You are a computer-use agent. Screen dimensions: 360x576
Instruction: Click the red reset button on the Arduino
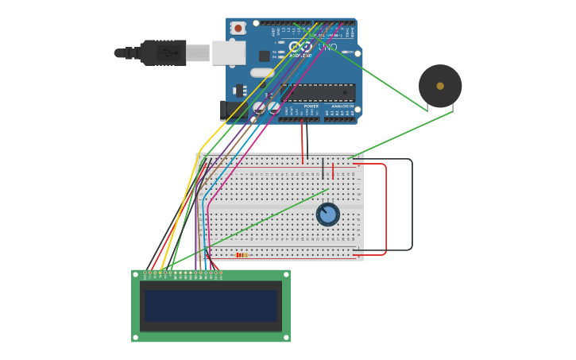coord(238,28)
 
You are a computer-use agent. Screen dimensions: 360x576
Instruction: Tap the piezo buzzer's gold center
coord(440,86)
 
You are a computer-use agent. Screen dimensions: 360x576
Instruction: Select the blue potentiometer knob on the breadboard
coord(327,215)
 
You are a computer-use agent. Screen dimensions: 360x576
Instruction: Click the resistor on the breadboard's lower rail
coord(242,255)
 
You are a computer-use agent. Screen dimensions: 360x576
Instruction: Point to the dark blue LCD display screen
coord(211,306)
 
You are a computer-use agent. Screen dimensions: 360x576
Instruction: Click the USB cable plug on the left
coord(163,53)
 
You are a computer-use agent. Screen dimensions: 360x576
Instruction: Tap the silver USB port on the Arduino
coord(228,53)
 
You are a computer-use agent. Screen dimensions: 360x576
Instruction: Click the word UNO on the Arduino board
coord(327,48)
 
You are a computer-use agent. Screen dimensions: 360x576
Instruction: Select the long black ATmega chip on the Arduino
coord(317,92)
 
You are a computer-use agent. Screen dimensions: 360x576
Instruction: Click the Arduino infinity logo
coord(300,47)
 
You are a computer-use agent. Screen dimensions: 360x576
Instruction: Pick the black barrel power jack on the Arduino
coord(232,110)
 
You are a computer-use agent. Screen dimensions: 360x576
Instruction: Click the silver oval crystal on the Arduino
coord(261,73)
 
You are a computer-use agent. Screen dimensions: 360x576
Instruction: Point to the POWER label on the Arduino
coord(311,106)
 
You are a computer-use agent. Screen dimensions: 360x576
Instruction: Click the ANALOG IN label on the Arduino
coord(342,106)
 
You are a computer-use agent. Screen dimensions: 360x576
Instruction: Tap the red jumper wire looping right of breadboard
coord(386,208)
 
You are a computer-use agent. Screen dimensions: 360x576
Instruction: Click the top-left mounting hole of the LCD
coord(136,274)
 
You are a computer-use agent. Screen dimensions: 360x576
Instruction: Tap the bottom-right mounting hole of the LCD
coord(286,337)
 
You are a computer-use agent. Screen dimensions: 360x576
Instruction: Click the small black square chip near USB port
coord(264,56)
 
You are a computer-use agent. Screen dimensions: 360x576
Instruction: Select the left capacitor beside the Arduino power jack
coord(259,106)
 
